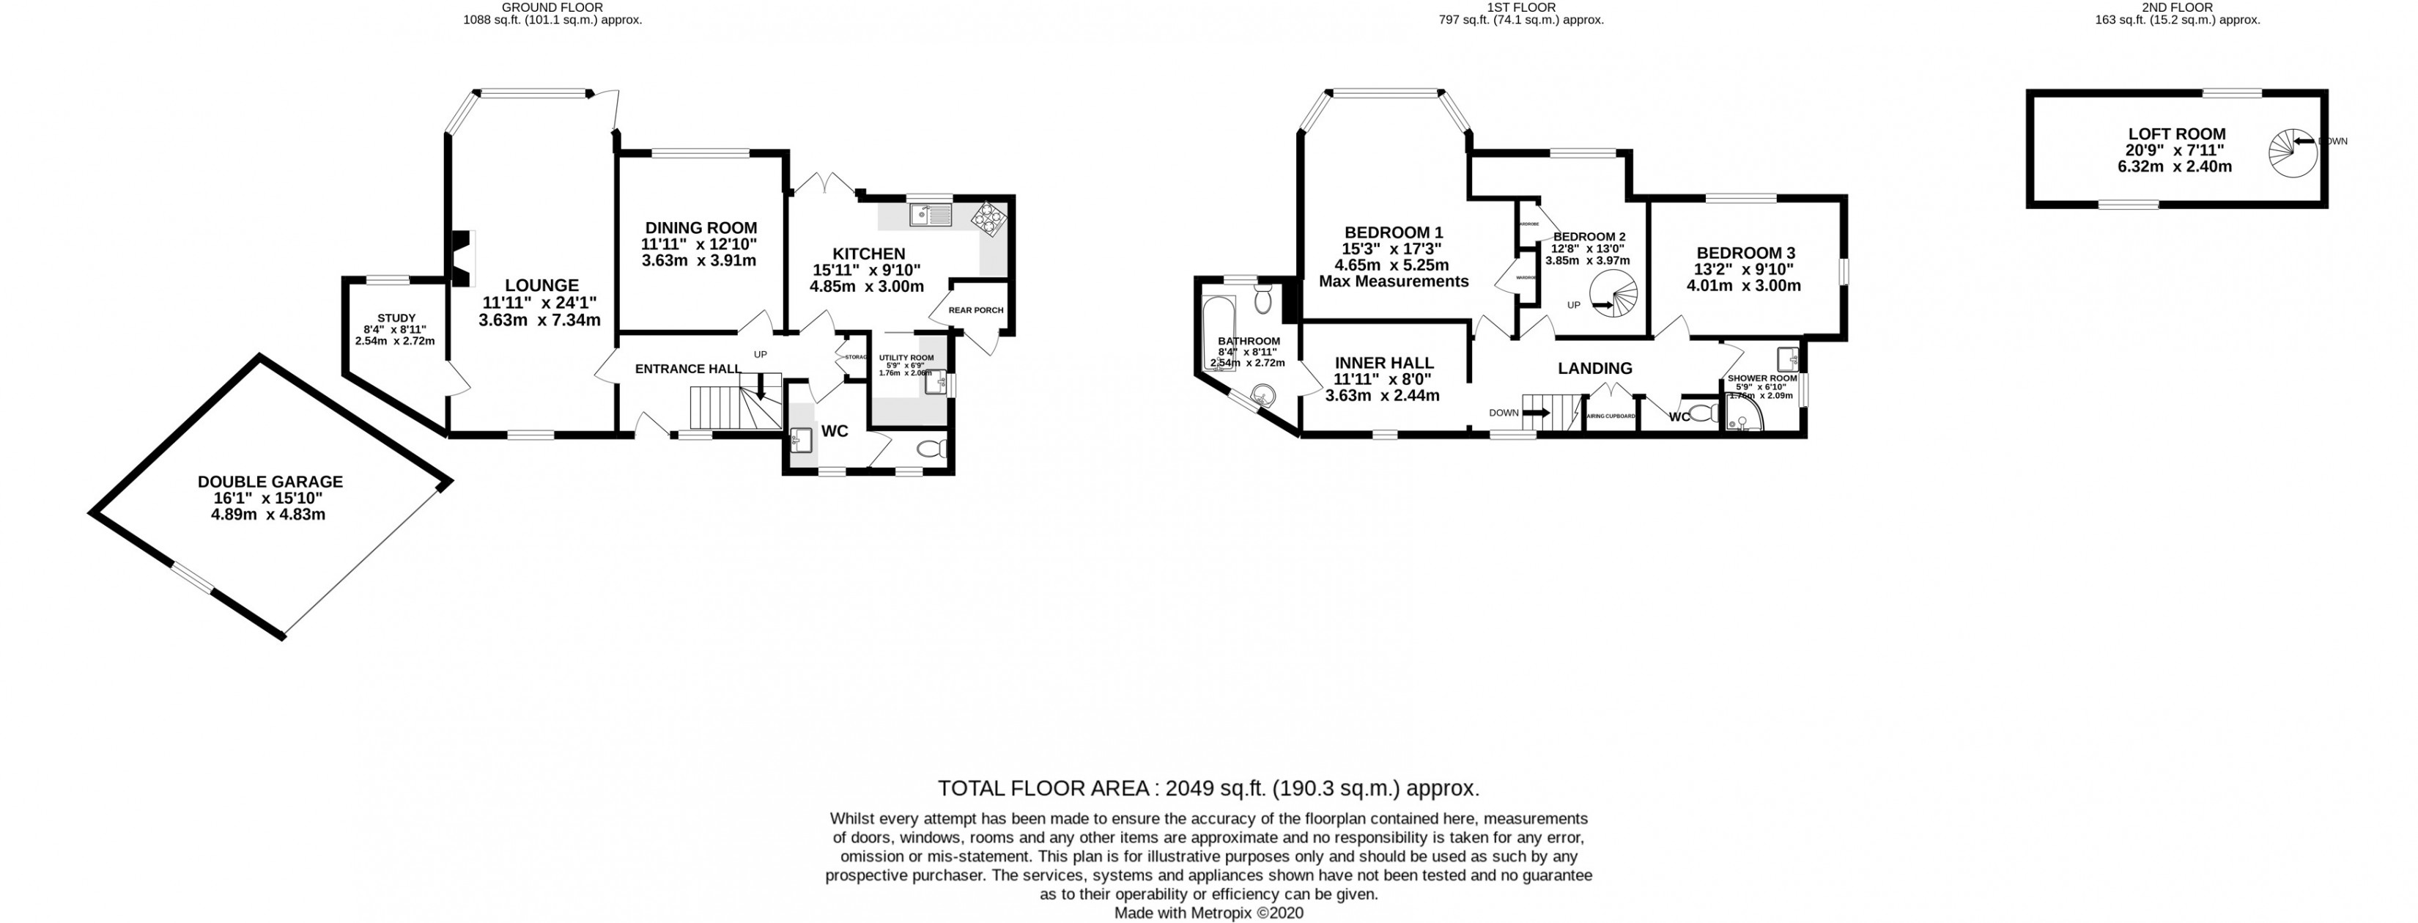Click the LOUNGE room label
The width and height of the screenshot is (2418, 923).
(541, 285)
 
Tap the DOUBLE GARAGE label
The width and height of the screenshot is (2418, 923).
(270, 482)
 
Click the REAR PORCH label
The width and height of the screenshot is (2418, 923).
(975, 310)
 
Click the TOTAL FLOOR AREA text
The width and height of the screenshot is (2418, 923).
(1208, 788)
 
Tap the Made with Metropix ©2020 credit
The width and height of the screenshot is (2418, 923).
(1208, 913)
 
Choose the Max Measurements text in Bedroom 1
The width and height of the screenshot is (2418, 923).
(1393, 281)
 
